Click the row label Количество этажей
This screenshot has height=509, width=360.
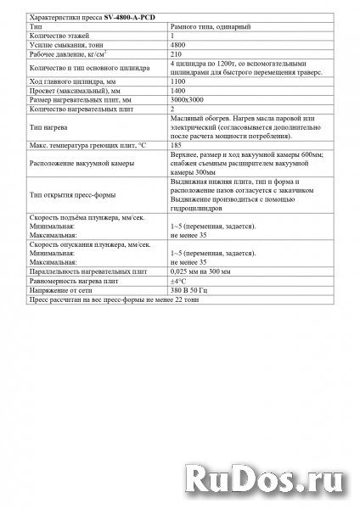[x=59, y=36]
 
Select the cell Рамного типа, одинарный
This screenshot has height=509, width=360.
[x=211, y=26]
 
